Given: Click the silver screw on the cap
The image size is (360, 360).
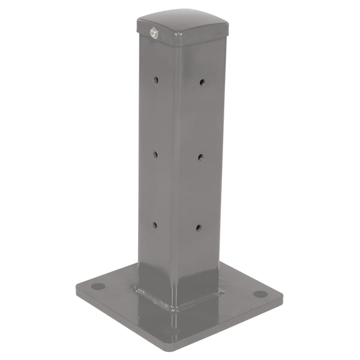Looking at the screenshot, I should (152, 34).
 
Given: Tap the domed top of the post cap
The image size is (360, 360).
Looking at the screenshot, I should (183, 20).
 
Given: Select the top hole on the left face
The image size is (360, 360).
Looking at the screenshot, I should (155, 79).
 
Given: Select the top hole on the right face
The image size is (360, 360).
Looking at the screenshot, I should (202, 82).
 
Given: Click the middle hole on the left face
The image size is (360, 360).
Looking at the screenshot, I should (155, 154).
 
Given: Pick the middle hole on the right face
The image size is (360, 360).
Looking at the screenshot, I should (200, 157).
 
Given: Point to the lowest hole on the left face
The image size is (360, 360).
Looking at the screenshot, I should (154, 225).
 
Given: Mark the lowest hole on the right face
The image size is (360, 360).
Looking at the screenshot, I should (199, 227).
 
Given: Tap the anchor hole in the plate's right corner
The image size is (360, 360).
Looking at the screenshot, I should (260, 294).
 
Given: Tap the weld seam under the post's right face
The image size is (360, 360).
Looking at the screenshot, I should (201, 300).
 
